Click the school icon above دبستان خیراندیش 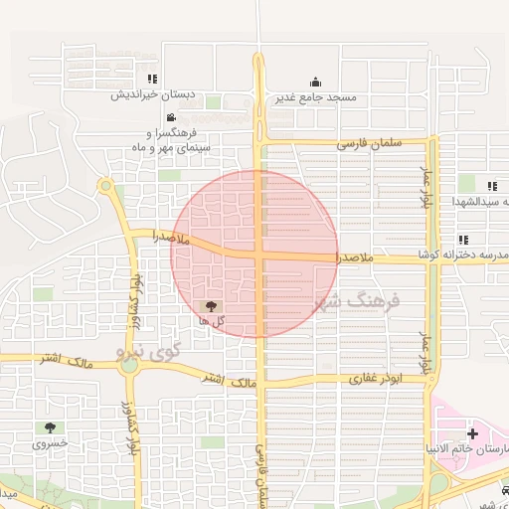151,79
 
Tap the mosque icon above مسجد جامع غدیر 315,82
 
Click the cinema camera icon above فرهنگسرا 171,118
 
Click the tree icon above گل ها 210,306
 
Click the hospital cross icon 472,433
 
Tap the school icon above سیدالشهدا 491,186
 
